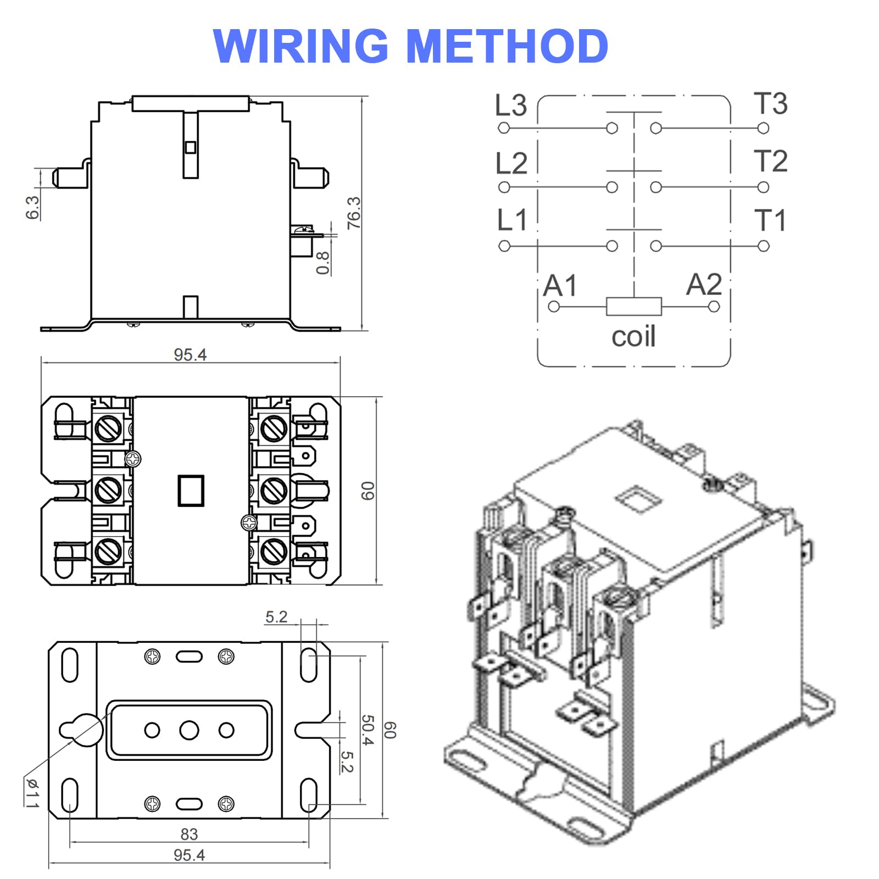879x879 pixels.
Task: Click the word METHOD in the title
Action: point(507,46)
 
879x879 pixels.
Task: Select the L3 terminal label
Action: point(510,105)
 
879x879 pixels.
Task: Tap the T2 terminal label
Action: point(770,161)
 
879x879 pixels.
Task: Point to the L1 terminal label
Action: point(511,220)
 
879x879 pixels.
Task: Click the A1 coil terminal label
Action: point(560,286)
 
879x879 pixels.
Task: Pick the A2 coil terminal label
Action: point(704,285)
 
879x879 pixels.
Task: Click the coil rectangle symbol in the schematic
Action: point(633,307)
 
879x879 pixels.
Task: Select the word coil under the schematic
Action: point(633,336)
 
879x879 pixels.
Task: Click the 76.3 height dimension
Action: point(354,213)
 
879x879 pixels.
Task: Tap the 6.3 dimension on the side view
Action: point(32,207)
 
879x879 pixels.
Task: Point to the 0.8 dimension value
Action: point(323,263)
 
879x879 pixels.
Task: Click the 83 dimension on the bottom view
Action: point(189,834)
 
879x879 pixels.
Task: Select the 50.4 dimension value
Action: point(367,730)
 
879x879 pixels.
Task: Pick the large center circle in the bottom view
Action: point(189,730)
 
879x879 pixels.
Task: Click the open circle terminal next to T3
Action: point(763,129)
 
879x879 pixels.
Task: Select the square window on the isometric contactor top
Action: point(638,499)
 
